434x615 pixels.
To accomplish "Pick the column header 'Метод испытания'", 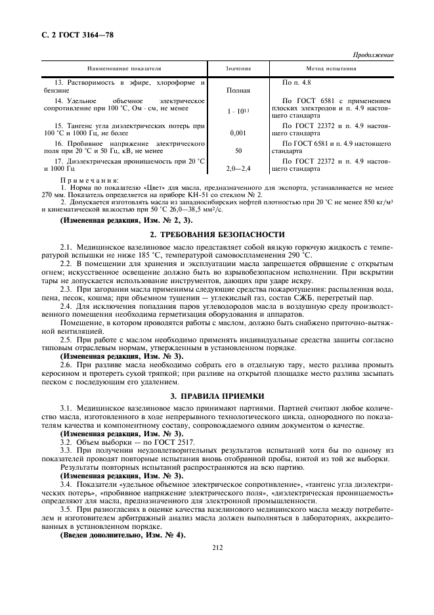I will pyautogui.click(x=332, y=69).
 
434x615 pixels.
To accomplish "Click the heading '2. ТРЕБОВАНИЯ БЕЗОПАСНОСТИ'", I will pyautogui.click(x=217, y=234).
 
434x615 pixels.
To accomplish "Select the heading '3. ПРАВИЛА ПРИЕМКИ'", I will pyautogui.click(x=217, y=396).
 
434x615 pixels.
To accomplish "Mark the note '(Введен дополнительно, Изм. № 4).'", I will pyautogui.click(x=123, y=534).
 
